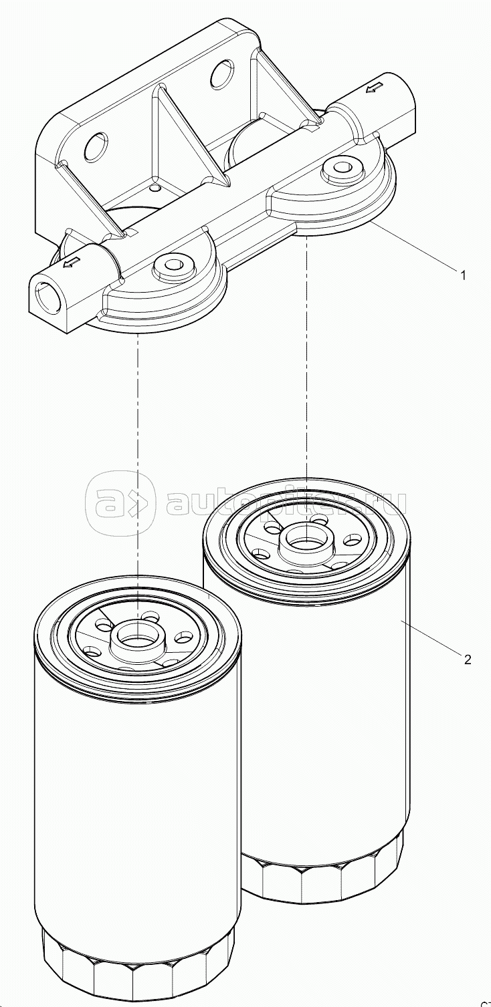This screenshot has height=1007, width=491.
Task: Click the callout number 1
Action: click(x=462, y=275)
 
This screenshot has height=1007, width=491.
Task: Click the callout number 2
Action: click(x=468, y=660)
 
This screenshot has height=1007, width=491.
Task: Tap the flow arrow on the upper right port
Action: click(x=375, y=87)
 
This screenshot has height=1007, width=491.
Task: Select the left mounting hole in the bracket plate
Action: click(x=96, y=146)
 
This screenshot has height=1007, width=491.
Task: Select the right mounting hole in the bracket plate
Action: click(x=221, y=75)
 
